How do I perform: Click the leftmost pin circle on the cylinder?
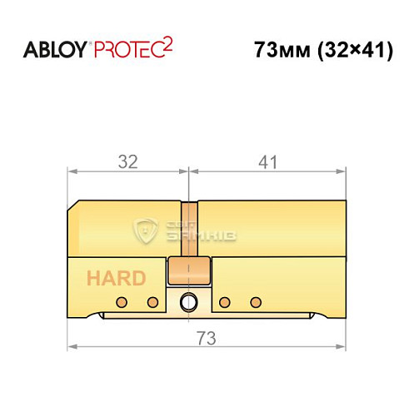pos(121,301)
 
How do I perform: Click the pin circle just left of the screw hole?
pos(153,301)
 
